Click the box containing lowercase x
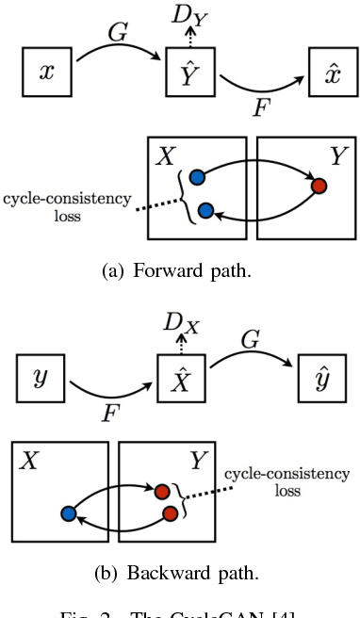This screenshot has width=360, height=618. pyautogui.click(x=47, y=73)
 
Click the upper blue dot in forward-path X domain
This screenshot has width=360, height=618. pyautogui.click(x=196, y=177)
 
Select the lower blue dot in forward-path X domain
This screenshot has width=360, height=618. pyautogui.click(x=205, y=211)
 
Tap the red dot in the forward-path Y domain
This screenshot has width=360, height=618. pyautogui.click(x=319, y=187)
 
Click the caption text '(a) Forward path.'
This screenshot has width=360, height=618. pyautogui.click(x=181, y=272)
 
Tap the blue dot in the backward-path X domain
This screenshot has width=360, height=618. pyautogui.click(x=68, y=513)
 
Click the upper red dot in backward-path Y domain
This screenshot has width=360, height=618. pyautogui.click(x=162, y=491)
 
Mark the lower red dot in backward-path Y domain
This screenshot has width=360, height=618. pyautogui.click(x=171, y=513)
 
